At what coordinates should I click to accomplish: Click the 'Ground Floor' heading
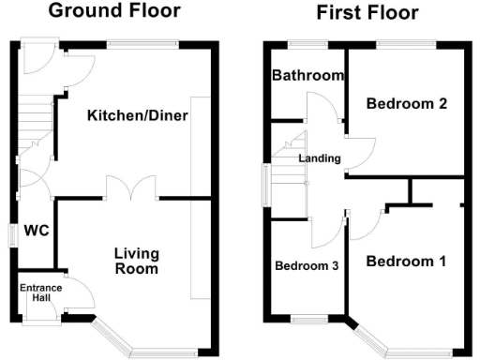(x=113, y=11)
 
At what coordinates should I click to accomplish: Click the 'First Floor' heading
(x=367, y=13)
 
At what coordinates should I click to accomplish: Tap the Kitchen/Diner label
(x=138, y=116)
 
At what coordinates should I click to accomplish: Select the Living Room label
(x=137, y=261)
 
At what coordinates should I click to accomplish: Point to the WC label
(x=36, y=230)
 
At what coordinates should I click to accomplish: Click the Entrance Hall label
(x=40, y=293)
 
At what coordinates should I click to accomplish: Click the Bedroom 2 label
(x=405, y=104)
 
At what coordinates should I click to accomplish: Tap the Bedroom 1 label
(x=405, y=260)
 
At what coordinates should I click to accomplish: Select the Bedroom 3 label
(x=306, y=266)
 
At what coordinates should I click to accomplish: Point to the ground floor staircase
(x=33, y=122)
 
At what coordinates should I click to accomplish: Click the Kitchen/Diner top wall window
(x=142, y=43)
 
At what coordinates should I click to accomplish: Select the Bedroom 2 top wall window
(x=406, y=43)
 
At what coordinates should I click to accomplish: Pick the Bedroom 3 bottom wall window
(x=306, y=322)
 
